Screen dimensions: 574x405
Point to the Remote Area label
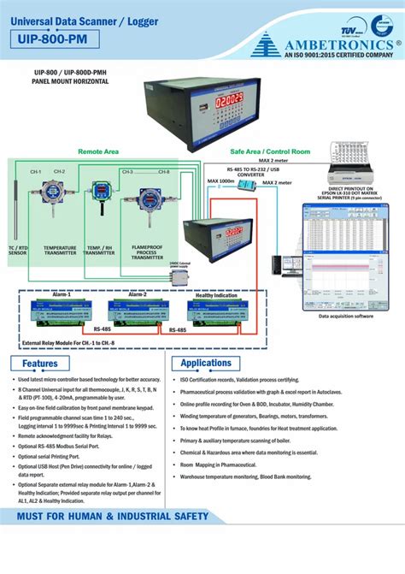tap(98, 151)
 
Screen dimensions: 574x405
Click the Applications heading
tap(213, 364)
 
